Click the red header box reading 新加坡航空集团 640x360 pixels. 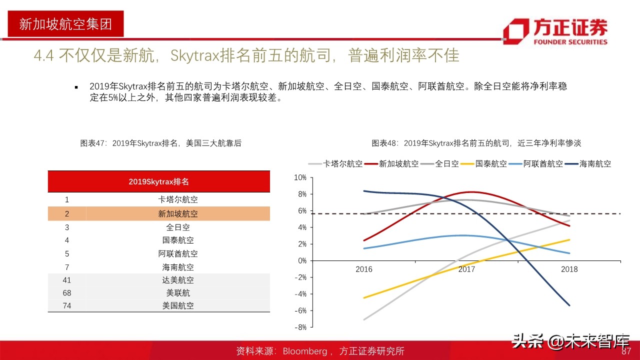[x=65, y=23]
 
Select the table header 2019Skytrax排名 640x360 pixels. [x=158, y=181]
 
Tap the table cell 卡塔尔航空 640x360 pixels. [x=178, y=199]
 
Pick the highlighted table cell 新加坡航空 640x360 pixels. [x=178, y=213]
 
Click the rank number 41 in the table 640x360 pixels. [x=67, y=280]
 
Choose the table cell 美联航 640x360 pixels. [x=178, y=293]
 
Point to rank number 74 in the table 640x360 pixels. [x=67, y=305]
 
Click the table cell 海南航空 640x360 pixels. [x=178, y=267]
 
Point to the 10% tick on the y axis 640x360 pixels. [x=300, y=177]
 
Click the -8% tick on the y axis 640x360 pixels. [x=300, y=327]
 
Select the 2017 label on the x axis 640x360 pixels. [x=466, y=269]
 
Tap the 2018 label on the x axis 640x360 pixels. [x=569, y=269]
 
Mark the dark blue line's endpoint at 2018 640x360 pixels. [x=569, y=305]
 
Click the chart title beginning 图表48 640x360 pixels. [x=476, y=143]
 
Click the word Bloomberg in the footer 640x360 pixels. [x=305, y=351]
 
